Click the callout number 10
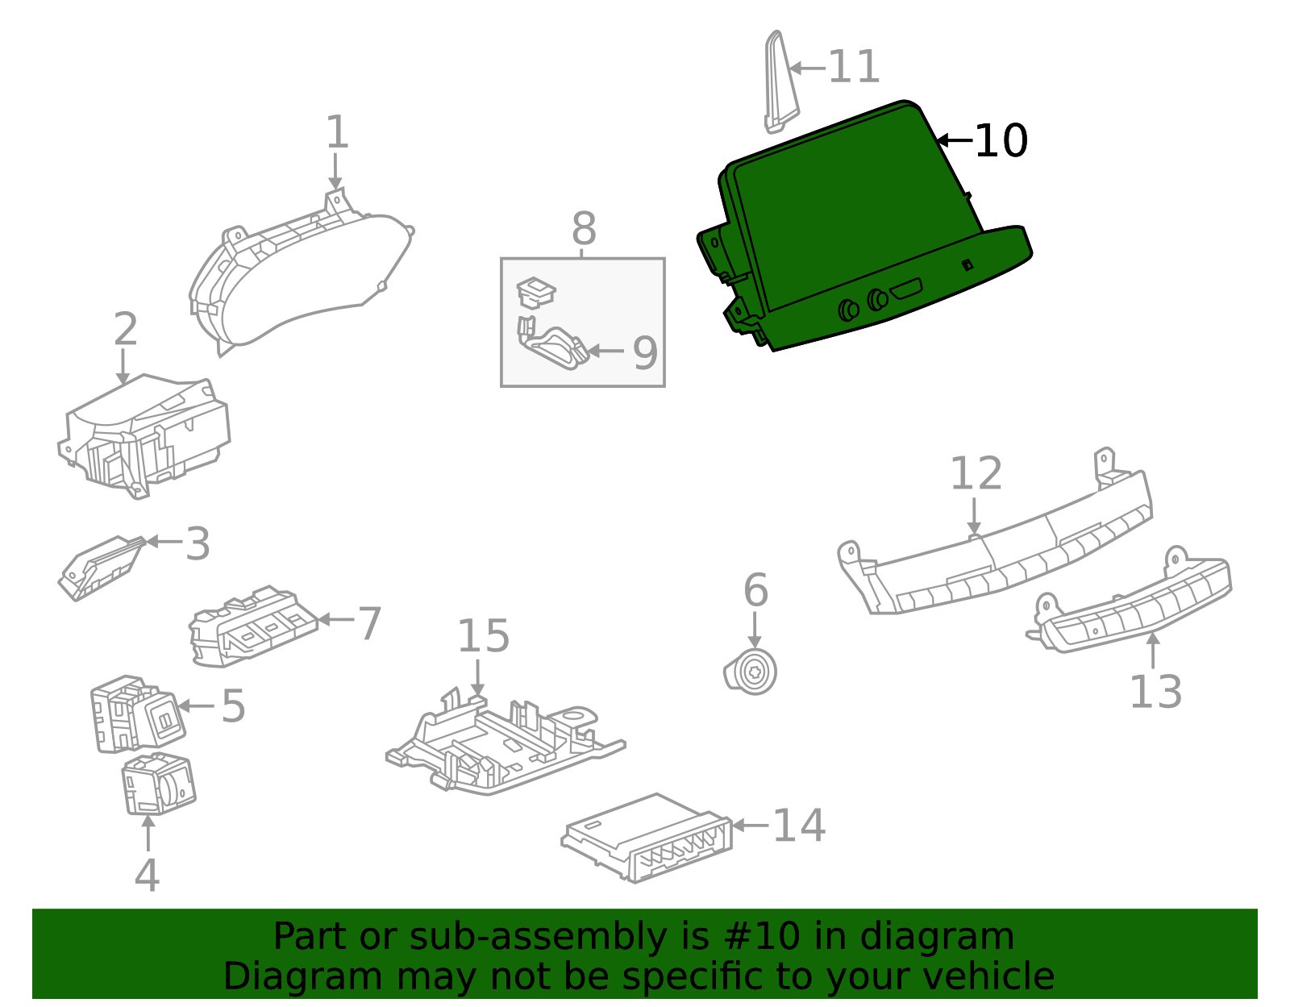1001,141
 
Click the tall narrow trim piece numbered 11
779,82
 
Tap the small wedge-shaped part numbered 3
100,568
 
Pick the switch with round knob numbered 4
159,784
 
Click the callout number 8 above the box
584,229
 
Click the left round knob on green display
848,310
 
